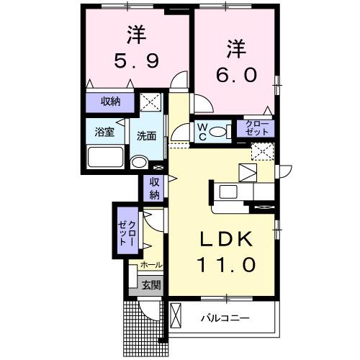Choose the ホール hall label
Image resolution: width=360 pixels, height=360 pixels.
[x=150, y=265]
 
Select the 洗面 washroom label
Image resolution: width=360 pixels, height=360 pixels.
[x=148, y=133]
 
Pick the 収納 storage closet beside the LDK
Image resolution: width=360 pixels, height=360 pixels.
[x=153, y=189]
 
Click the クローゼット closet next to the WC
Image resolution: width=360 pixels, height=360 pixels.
[x=256, y=130]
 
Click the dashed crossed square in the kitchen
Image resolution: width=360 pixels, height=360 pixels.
[x=262, y=152]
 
